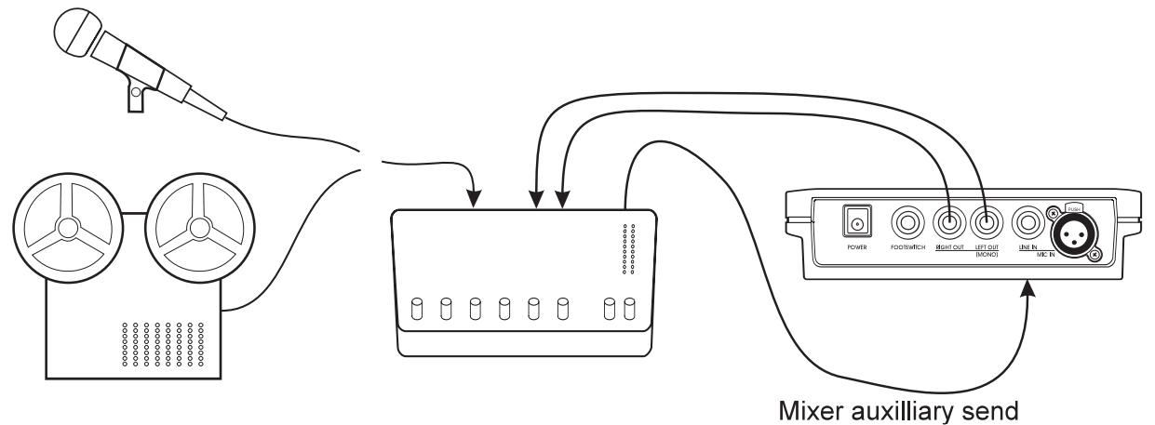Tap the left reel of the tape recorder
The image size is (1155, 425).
tap(67, 227)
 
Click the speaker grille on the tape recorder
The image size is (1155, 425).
tap(164, 345)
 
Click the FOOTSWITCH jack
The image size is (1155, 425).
tap(907, 223)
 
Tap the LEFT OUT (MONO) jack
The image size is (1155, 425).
tap(986, 223)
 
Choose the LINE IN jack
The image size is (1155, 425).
tap(1027, 223)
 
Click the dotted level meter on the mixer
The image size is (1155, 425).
tap(628, 248)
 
